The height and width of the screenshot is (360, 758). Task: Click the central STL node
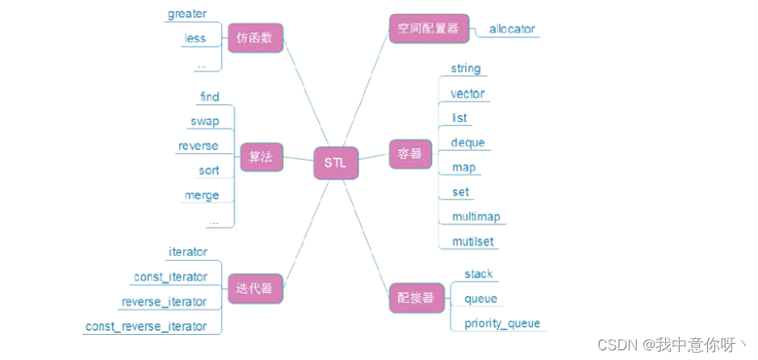pos(335,162)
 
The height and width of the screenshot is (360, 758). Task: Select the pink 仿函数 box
pos(255,38)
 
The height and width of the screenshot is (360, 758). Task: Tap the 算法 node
pos(262,158)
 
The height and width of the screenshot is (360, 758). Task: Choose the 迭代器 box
pos(255,288)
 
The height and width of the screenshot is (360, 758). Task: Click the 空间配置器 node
pos(428,28)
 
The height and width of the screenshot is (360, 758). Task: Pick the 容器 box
pos(410,154)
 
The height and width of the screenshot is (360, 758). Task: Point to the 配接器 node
pos(416,298)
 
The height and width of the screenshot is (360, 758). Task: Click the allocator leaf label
pos(512,30)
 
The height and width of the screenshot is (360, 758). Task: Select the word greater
pos(187,14)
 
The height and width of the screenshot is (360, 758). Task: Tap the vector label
pos(467,94)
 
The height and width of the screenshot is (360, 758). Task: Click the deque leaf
pos(468,143)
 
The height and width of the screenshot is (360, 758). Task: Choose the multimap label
pos(477,216)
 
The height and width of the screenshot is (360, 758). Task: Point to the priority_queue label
pos(502,324)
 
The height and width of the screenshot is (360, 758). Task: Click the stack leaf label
pos(479,274)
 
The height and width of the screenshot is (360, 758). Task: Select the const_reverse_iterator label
pos(145,326)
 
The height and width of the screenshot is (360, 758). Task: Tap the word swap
pos(204,122)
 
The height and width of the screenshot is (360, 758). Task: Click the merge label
pos(202,195)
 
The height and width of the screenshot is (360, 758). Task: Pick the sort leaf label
pos(208,170)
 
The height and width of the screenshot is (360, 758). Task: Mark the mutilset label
pos(473,241)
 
